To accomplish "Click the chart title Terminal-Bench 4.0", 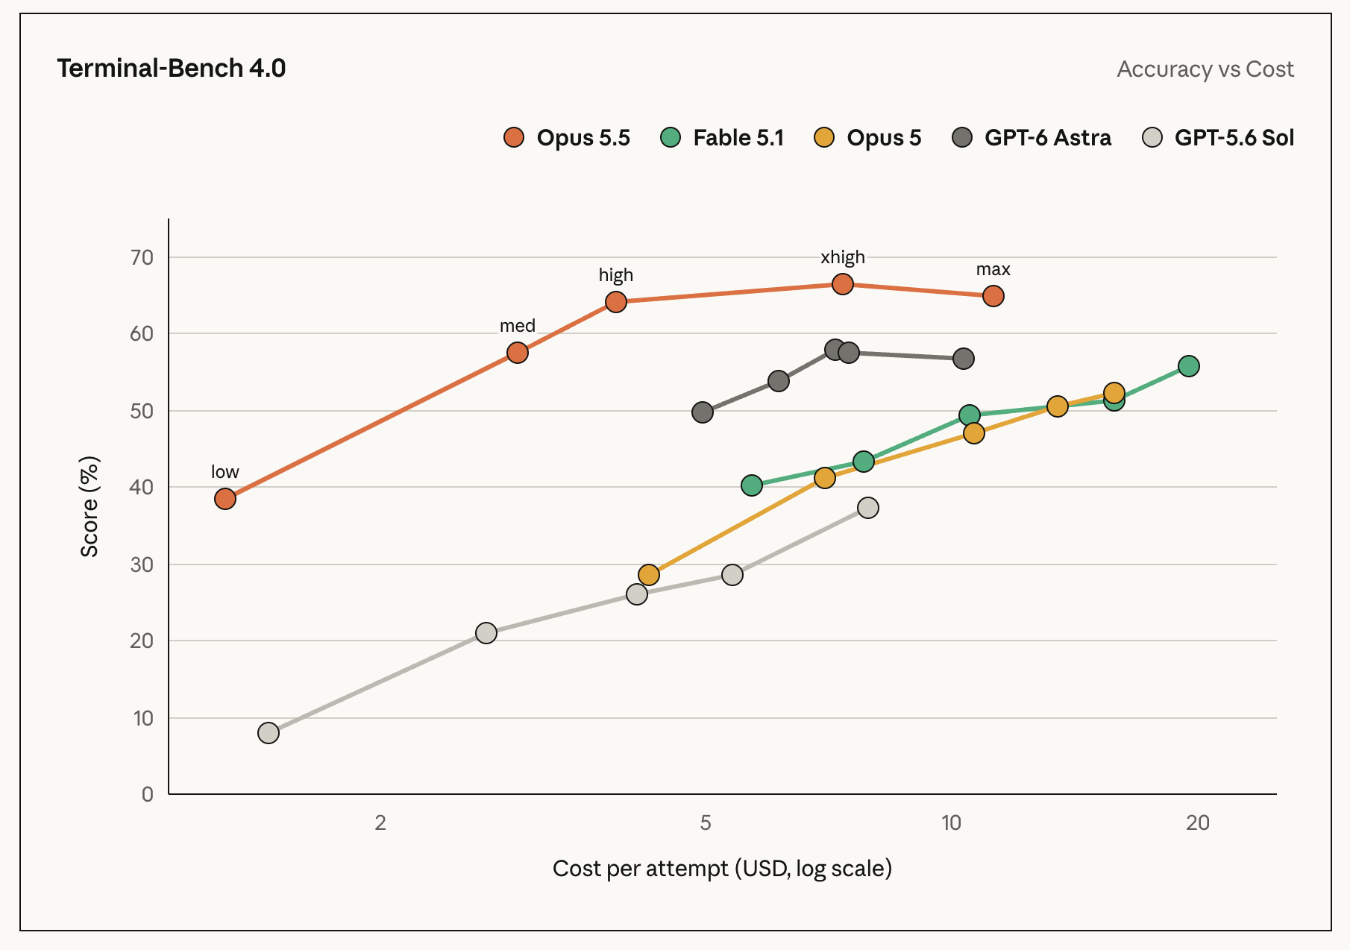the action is point(172,68).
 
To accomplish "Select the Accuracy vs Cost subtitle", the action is point(1205,69).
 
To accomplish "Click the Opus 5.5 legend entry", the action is point(567,138).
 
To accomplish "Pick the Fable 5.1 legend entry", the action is point(722,138).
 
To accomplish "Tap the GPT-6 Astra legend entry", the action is point(1032,138).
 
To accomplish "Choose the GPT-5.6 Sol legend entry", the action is point(1218,138).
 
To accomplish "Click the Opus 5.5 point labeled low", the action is point(225,499).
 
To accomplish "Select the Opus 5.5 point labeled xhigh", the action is point(843,284).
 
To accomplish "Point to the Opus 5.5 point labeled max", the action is point(993,296).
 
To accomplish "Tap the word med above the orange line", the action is point(518,326).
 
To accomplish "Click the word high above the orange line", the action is point(616,275).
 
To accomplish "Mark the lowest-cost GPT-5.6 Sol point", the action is point(269,733).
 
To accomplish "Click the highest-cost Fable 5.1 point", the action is point(1189,366).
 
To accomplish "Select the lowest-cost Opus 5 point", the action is point(649,575).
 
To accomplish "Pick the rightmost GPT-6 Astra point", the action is point(964,359).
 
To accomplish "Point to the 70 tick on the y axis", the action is point(142,257).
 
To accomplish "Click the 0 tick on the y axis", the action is point(148,794).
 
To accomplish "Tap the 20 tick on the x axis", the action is point(1198,822).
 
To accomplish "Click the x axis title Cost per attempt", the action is point(722,869).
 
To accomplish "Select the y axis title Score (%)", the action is point(90,507).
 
